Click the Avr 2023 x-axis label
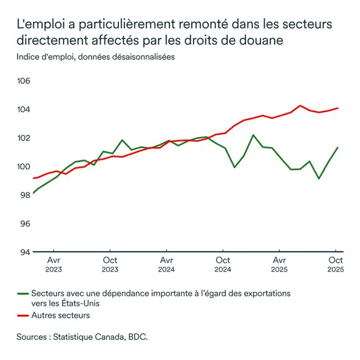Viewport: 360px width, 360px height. pos(53,264)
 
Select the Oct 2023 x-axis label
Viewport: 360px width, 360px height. pos(110,264)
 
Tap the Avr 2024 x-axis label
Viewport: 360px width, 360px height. pos(167,264)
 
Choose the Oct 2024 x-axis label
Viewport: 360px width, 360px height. pos(222,264)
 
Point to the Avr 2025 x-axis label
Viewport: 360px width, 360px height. pos(279,264)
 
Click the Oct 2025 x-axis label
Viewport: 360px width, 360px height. pos(336,264)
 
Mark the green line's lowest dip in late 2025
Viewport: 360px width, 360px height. pos(319,178)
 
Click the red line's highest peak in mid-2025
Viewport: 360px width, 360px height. pos(301,106)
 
